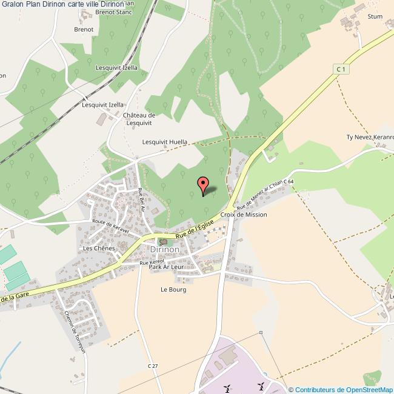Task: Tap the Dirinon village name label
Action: click(x=165, y=249)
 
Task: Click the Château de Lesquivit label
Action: click(x=139, y=119)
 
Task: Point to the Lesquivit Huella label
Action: click(x=165, y=142)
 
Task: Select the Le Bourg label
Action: click(x=173, y=290)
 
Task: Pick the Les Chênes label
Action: click(x=99, y=249)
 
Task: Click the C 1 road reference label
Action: click(x=342, y=70)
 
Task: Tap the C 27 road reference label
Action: click(x=153, y=366)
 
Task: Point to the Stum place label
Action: click(x=375, y=16)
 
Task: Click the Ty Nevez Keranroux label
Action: click(x=370, y=137)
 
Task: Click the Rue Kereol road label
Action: click(x=152, y=263)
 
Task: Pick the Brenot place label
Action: click(x=84, y=29)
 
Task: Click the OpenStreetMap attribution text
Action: click(x=343, y=390)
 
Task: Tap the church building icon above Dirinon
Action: click(x=162, y=241)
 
